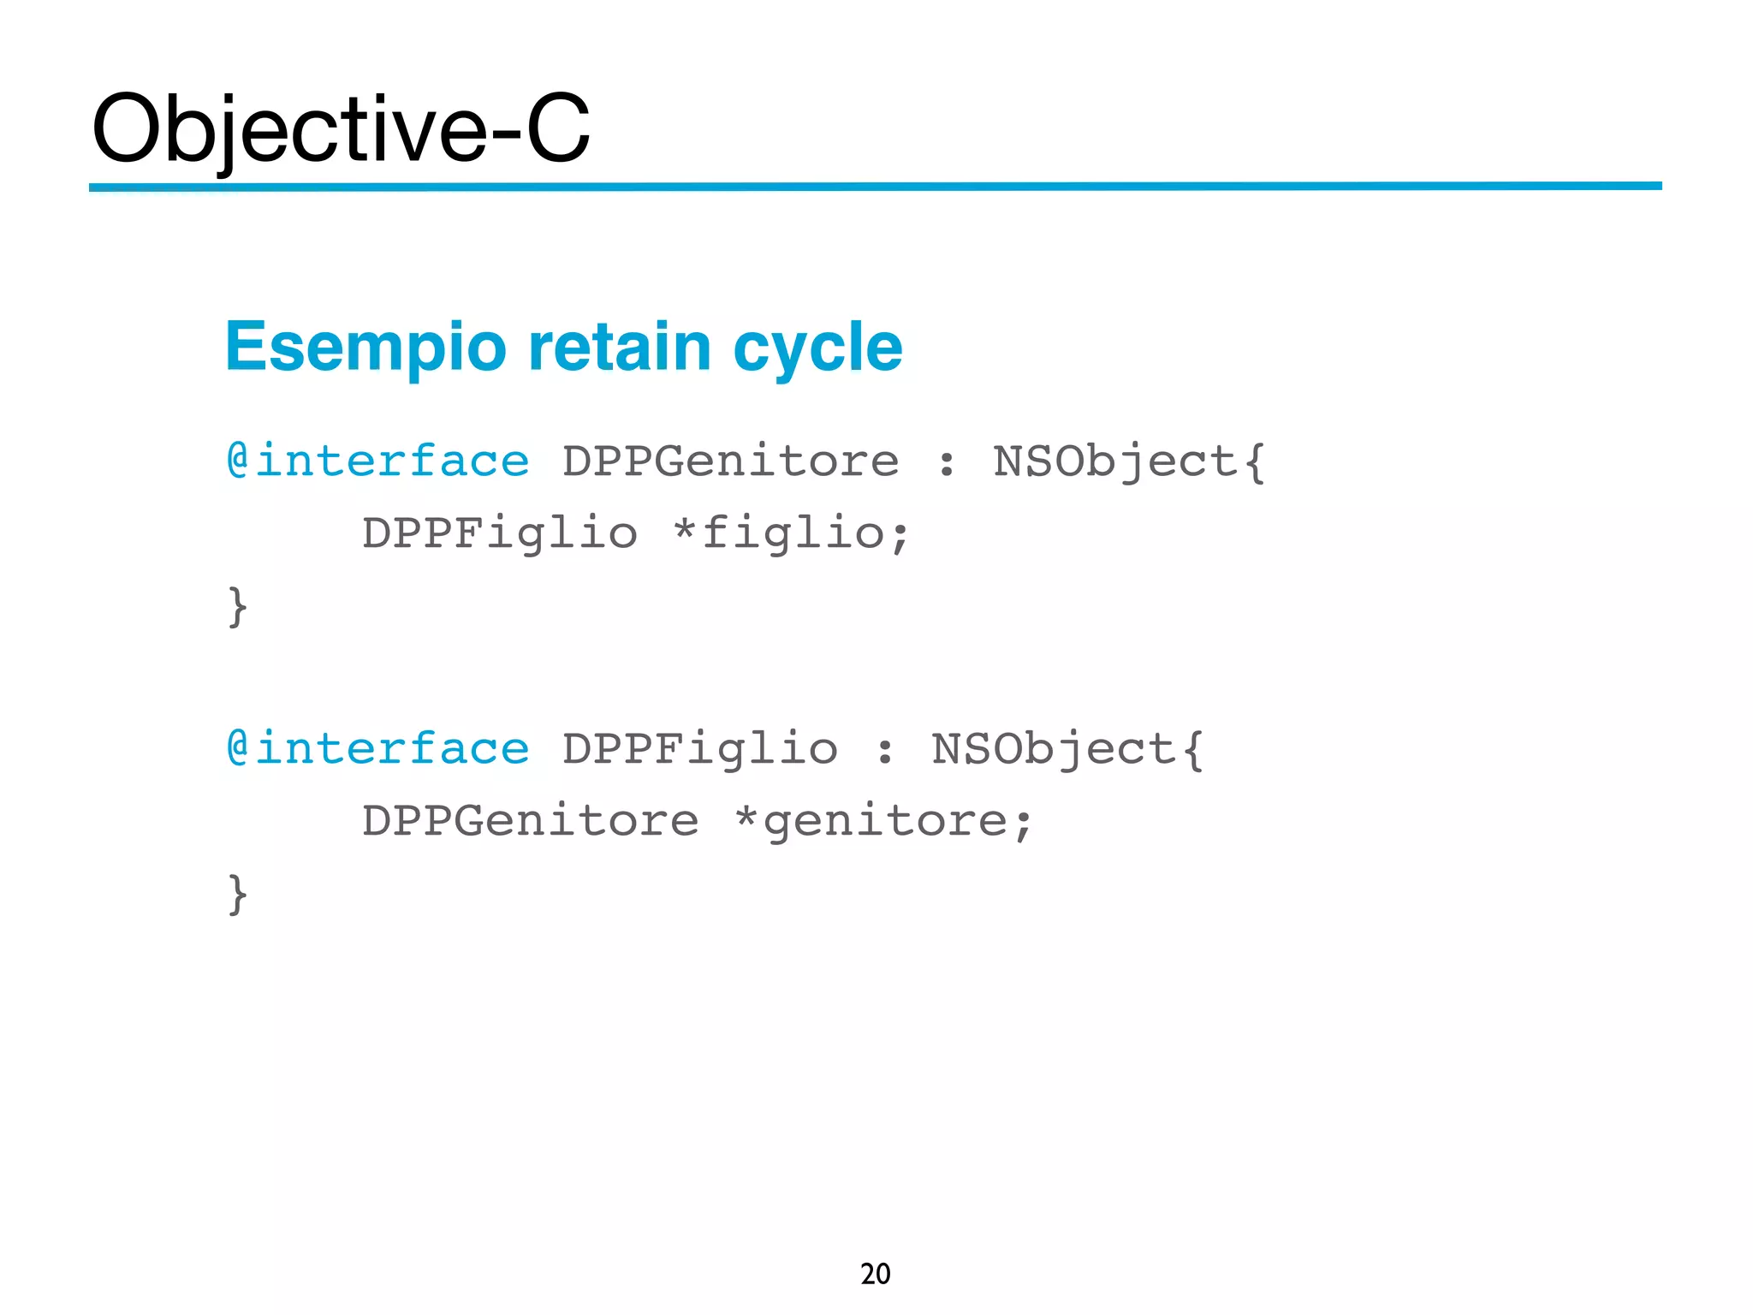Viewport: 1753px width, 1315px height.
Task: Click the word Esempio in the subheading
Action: click(x=366, y=347)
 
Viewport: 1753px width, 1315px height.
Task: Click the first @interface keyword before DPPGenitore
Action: click(x=378, y=461)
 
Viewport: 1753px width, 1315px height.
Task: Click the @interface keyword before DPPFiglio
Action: click(x=378, y=749)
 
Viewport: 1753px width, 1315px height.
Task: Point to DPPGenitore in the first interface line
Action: click(x=730, y=461)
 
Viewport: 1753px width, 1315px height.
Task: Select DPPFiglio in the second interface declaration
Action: click(x=699, y=749)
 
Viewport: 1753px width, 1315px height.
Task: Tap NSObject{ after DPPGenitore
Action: click(x=1129, y=461)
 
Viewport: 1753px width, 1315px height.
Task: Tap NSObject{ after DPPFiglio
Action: click(x=1067, y=749)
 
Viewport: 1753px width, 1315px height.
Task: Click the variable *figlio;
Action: click(x=792, y=533)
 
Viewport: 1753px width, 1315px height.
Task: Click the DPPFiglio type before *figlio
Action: click(x=500, y=533)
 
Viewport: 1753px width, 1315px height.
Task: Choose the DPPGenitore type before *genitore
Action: click(x=531, y=821)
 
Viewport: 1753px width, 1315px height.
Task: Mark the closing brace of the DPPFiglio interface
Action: click(x=238, y=894)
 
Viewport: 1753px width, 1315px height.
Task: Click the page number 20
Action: click(x=875, y=1274)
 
